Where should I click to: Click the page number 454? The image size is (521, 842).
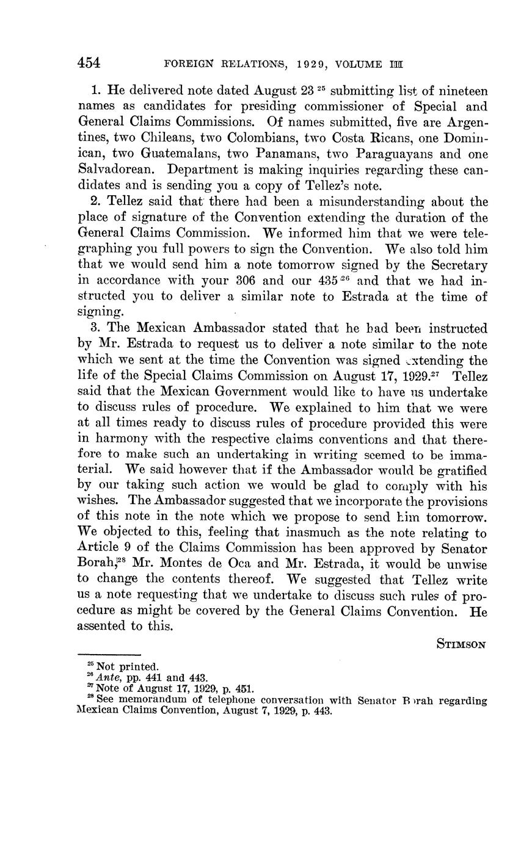(89, 63)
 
